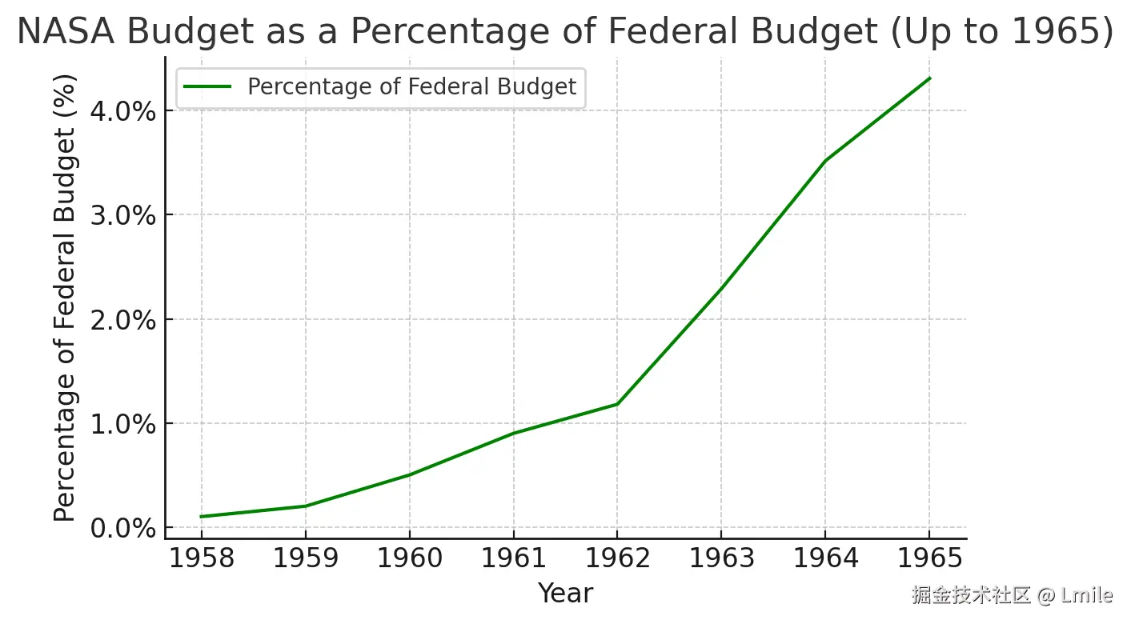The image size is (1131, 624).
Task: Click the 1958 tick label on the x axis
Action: coord(201,558)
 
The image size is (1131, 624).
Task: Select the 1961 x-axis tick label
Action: coord(513,558)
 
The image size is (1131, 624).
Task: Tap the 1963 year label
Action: coord(721,558)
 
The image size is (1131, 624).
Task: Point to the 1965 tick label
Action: coord(929,558)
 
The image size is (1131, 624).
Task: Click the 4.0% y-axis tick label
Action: coord(122,110)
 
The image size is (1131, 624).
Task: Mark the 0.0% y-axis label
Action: coord(122,528)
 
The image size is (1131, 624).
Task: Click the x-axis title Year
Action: coord(565,594)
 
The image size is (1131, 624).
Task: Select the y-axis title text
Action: coord(66,298)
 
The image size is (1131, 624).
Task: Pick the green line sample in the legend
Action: coord(208,86)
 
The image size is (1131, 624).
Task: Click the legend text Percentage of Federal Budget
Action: coord(411,86)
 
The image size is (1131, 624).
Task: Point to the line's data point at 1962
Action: coord(617,404)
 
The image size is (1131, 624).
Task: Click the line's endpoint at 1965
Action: coord(929,78)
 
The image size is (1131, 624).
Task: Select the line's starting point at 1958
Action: coord(201,517)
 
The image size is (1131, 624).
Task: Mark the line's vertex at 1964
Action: coord(825,161)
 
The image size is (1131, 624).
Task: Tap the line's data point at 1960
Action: coord(409,475)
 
